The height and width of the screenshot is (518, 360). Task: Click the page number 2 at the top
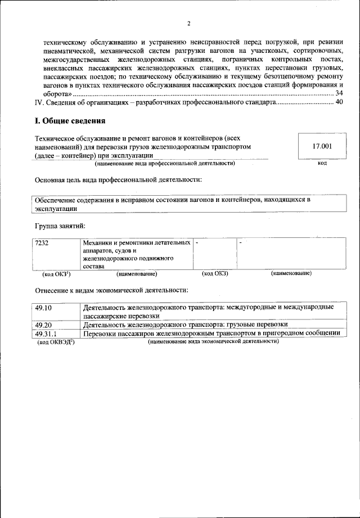coord(189,24)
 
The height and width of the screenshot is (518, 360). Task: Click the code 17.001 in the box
coord(322,146)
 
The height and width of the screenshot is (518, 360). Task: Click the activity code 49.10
coord(43,308)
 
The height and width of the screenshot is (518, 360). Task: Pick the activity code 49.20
coord(43,325)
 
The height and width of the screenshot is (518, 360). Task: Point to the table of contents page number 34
coord(339,93)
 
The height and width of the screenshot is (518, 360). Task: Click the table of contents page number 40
coord(339,102)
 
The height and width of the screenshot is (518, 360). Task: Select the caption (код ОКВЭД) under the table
coord(56,342)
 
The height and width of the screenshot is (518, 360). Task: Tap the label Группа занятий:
coord(60,226)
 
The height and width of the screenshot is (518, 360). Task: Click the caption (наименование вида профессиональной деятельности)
coord(165,163)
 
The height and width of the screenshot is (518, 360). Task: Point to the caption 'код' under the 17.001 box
coord(322,163)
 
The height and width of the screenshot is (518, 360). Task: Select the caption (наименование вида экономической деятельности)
coord(213,341)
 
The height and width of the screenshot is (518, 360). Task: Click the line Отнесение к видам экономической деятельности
coord(111,290)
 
